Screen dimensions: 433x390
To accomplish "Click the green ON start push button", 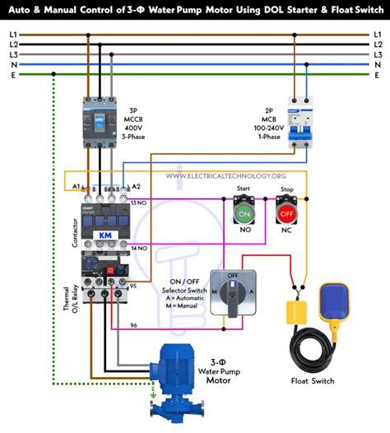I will pyautogui.click(x=244, y=213).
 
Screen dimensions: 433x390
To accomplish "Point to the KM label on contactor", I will pyautogui.click(x=105, y=235).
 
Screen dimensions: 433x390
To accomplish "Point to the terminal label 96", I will pyautogui.click(x=134, y=326).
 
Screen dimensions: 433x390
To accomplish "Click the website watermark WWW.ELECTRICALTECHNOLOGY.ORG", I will pyautogui.click(x=225, y=176).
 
